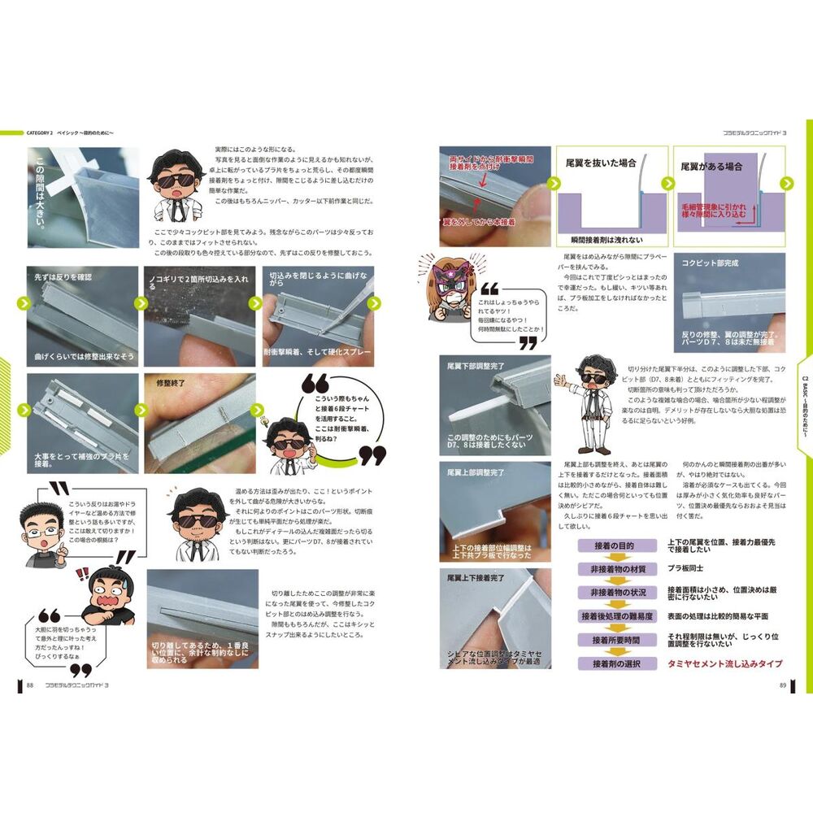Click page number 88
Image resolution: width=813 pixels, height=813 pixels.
[x=30, y=685]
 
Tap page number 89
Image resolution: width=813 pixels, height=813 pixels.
[x=782, y=685]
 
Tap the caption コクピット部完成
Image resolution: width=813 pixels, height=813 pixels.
[x=711, y=264]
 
